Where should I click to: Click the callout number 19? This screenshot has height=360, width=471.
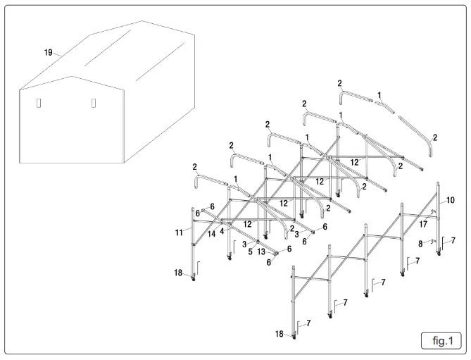48,51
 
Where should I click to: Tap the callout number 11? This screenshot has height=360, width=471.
179,230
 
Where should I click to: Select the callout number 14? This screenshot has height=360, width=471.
211,234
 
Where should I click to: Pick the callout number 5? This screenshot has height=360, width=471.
249,252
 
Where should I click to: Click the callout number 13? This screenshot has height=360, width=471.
261,252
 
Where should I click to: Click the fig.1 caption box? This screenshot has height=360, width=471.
441,341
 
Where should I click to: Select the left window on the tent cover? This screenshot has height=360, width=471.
39,104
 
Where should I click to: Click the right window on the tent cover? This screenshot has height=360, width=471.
93,103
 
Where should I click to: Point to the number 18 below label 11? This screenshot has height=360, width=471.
179,271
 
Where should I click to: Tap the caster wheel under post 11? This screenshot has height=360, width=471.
194,280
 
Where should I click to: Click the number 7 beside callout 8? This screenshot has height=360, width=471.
453,241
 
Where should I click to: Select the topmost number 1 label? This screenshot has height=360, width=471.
379,94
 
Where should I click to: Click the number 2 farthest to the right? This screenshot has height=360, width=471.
434,138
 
